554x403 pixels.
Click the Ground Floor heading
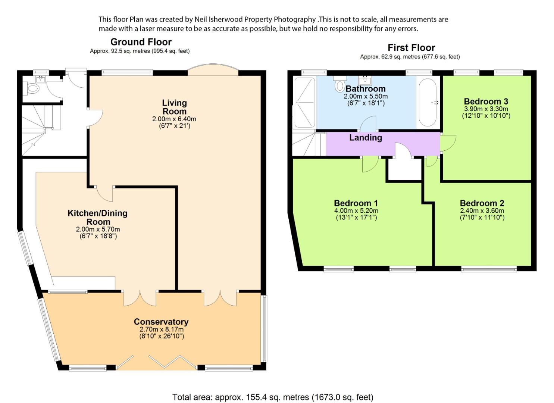[x=141, y=42]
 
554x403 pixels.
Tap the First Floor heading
[x=411, y=47]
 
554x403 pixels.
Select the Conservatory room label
[x=161, y=322]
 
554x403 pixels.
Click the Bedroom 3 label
[x=486, y=101]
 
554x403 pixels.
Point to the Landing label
[x=366, y=138]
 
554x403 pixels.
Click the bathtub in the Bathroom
[x=428, y=102]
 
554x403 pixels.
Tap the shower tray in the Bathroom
[x=304, y=103]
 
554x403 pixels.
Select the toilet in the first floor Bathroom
[x=340, y=84]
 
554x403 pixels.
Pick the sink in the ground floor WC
[x=40, y=79]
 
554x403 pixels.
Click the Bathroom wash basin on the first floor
[x=365, y=80]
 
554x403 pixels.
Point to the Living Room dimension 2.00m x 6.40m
[x=174, y=119]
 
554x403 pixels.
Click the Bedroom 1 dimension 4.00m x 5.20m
[x=356, y=211]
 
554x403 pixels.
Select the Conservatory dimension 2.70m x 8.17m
[x=162, y=329]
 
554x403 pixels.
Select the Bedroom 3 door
[x=448, y=143]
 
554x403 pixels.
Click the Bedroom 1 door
[x=370, y=164]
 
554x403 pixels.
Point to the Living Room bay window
[x=213, y=69]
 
